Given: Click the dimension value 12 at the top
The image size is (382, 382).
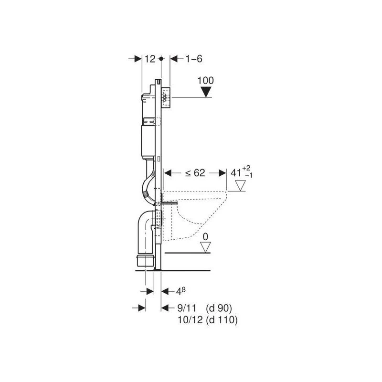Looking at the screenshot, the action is click(150, 59).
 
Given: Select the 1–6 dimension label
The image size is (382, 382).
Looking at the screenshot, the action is click(194, 59).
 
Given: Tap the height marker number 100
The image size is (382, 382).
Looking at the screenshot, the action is click(206, 80).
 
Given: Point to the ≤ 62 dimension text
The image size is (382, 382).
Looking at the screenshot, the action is click(195, 173).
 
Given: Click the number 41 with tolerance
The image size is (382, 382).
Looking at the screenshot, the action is click(236, 173).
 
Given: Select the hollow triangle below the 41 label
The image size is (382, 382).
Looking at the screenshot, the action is click(241, 186).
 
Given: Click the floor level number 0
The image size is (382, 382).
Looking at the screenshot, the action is click(206, 236).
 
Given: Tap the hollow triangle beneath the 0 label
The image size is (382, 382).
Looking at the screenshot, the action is click(205, 247).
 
